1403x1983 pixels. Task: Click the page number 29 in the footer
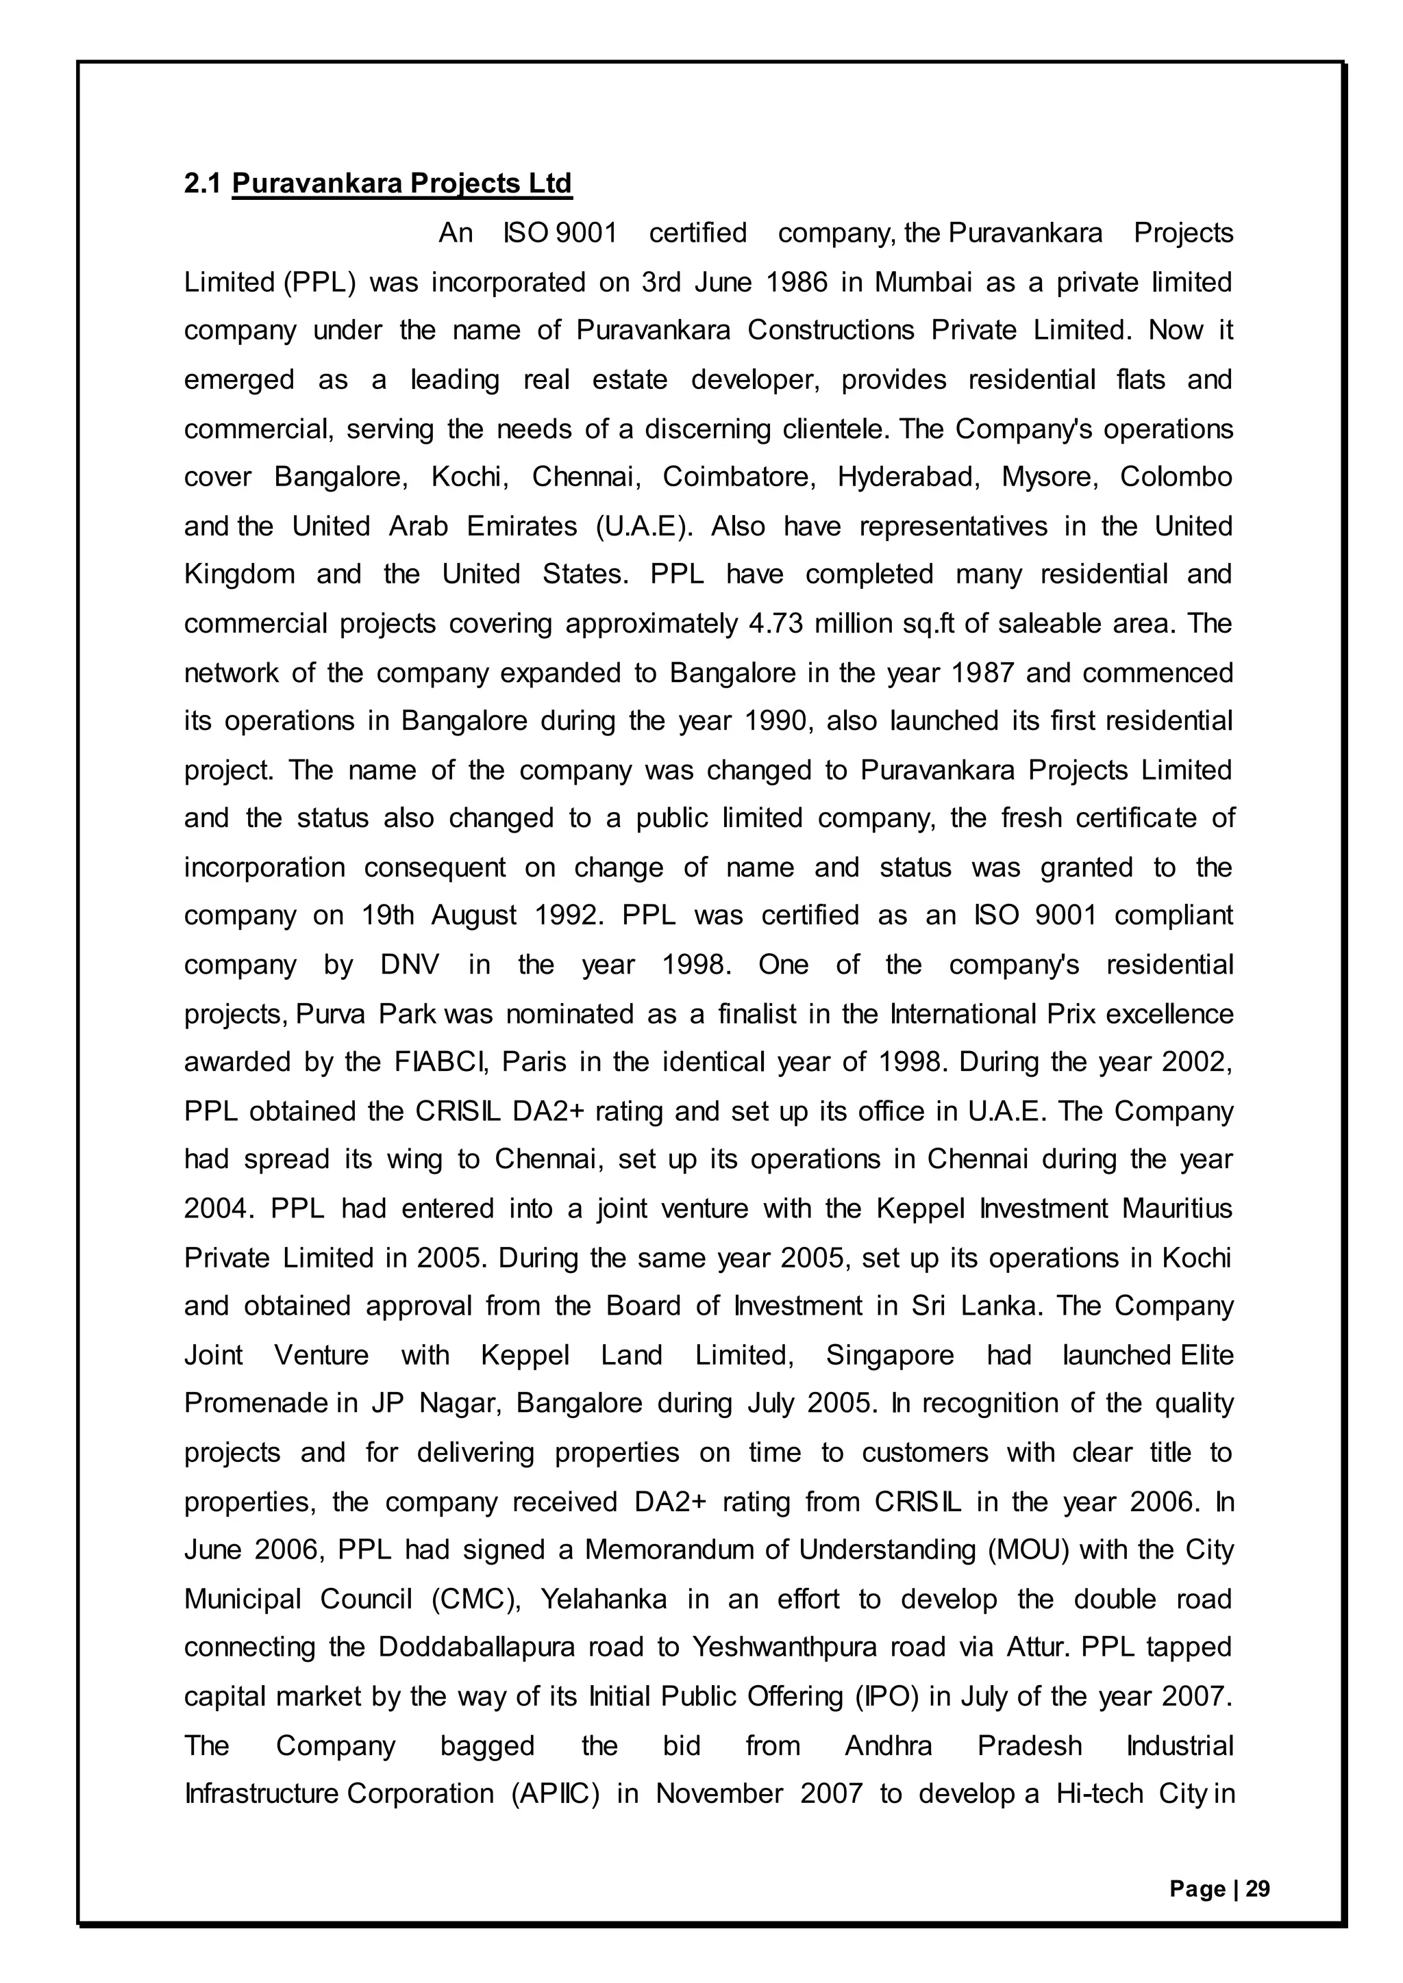pos(1258,1889)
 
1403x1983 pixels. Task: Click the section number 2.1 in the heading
pos(202,184)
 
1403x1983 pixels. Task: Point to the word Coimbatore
pos(738,477)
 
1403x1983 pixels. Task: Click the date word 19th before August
pos(388,915)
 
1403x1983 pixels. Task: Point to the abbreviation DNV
pos(410,965)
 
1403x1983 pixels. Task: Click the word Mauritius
pos(1177,1207)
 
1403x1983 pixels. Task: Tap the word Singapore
pos(890,1355)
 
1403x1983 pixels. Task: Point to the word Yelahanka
pos(603,1600)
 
